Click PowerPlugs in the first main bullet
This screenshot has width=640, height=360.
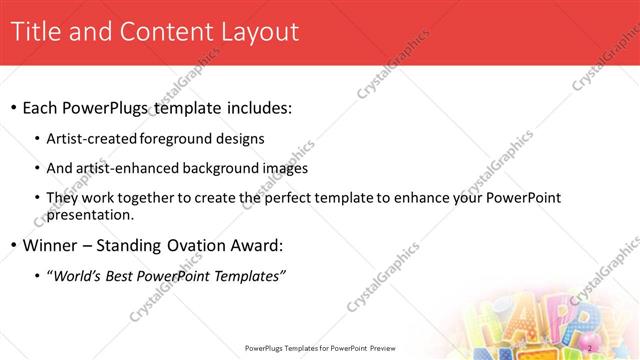click(x=117, y=106)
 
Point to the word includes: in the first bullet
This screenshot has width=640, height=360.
click(x=256, y=106)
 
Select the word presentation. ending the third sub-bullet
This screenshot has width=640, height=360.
click(x=89, y=214)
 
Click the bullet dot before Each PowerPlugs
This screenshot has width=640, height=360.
click(x=14, y=107)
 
